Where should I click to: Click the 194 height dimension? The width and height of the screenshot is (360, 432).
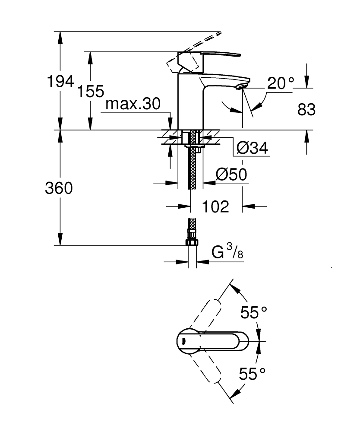60,82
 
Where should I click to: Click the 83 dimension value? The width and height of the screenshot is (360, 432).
306,110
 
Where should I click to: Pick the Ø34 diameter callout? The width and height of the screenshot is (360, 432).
253,148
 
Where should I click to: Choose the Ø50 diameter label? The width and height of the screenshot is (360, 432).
231,175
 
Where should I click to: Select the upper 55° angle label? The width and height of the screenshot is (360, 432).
254,312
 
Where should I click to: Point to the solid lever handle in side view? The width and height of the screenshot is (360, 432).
216,55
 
